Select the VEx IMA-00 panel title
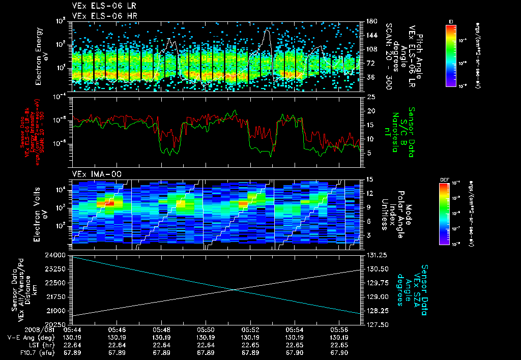[x=93, y=174]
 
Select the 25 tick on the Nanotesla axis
[x=371, y=96]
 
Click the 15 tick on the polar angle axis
[x=370, y=179]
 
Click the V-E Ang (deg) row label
[x=27, y=337]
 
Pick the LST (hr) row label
[x=33, y=344]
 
